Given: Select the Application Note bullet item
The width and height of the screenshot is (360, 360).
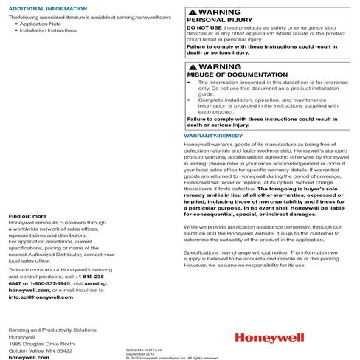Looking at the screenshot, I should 48,24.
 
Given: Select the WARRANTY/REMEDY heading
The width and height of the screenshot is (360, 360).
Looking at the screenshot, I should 212,136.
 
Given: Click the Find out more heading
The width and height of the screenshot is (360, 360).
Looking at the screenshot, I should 27,216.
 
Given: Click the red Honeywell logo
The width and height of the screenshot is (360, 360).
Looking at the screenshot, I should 266,339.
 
